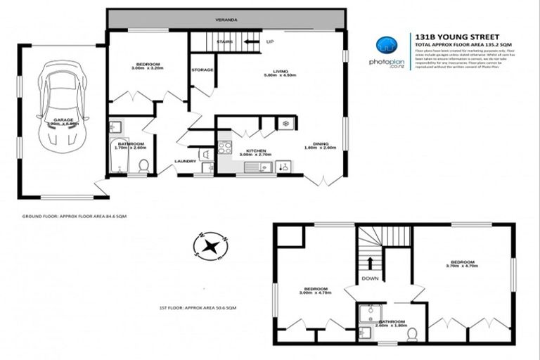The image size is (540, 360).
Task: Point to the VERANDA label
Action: (x=225, y=19)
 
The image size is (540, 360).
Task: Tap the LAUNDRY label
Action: (x=185, y=161)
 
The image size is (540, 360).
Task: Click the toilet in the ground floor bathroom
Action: (x=143, y=165)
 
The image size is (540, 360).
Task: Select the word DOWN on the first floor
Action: (x=370, y=278)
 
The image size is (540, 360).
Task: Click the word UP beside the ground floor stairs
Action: (x=269, y=41)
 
